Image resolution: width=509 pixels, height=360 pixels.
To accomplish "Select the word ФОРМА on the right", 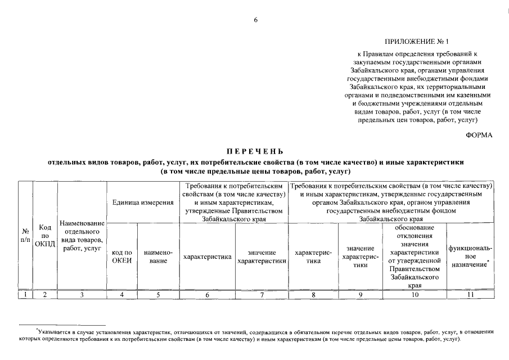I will click(479, 135).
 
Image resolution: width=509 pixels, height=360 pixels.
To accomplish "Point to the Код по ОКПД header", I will click(46, 235).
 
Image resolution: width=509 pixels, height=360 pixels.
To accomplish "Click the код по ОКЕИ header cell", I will click(122, 257).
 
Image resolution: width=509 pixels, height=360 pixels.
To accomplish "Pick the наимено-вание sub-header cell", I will click(158, 257).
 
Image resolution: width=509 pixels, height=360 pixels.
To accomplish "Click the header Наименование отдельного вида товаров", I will click(82, 235).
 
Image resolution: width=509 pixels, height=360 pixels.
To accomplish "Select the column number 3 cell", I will click(82, 294).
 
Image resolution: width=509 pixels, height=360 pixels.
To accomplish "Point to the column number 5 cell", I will click(158, 294).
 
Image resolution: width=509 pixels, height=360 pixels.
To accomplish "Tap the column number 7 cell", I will click(262, 294).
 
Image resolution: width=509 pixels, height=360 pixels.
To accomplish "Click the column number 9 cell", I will click(361, 294).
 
